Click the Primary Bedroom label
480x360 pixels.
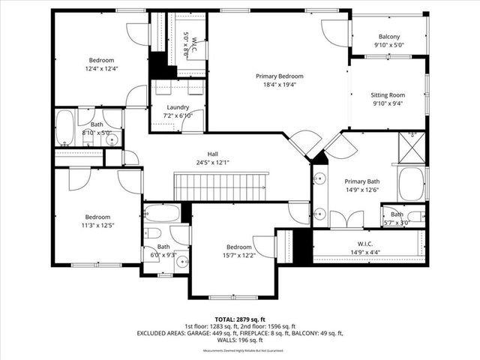pyautogui.click(x=279, y=76)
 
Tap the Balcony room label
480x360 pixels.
pyautogui.click(x=388, y=37)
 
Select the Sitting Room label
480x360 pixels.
pyautogui.click(x=388, y=95)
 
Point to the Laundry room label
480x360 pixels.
pyautogui.click(x=177, y=107)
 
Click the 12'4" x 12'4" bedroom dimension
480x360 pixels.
pyautogui.click(x=101, y=69)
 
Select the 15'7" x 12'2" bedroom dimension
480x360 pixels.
pyautogui.click(x=238, y=256)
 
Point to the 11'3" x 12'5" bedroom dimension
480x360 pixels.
pyautogui.click(x=97, y=223)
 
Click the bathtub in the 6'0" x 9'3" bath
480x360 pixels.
pyautogui.click(x=161, y=212)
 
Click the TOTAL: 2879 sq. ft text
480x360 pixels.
pyautogui.click(x=239, y=318)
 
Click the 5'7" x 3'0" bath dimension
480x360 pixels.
pyautogui.click(x=397, y=222)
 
